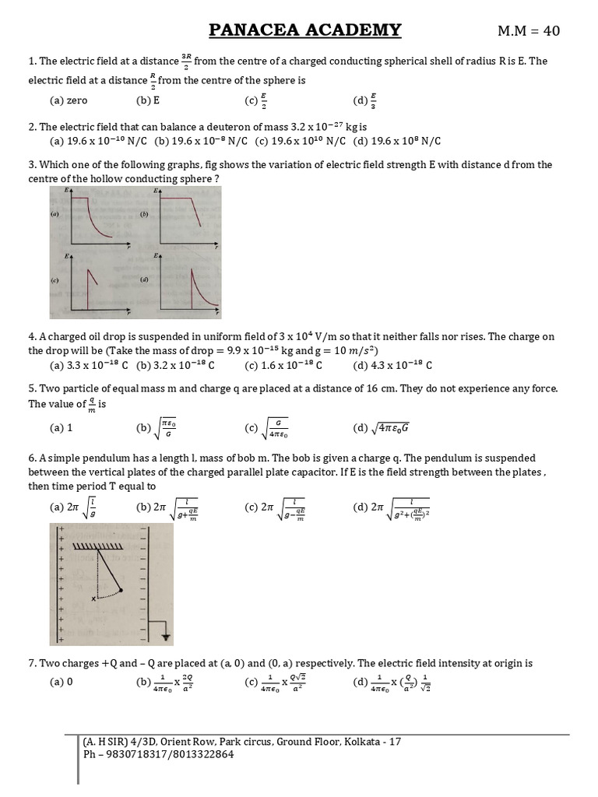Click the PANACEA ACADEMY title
tap(305, 30)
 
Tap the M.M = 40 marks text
tap(528, 31)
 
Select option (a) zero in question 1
tap(69, 100)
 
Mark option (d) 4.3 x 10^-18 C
tap(392, 365)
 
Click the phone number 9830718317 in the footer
tap(128, 754)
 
